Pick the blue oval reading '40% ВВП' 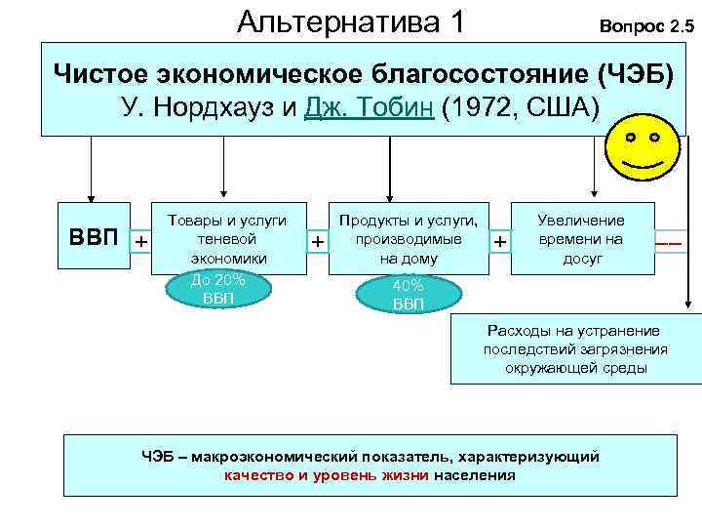[x=408, y=295]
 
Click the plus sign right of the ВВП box [x=141, y=240]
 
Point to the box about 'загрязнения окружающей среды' [x=575, y=349]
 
